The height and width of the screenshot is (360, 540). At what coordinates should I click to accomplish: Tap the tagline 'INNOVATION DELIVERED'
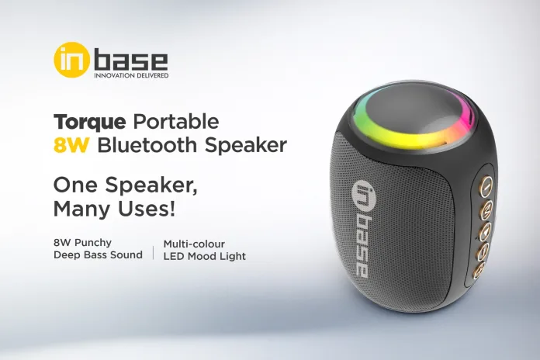pyautogui.click(x=131, y=76)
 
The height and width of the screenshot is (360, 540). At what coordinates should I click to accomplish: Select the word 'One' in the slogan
pyautogui.click(x=72, y=185)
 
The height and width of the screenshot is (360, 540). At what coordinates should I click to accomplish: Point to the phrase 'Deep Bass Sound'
pyautogui.click(x=98, y=255)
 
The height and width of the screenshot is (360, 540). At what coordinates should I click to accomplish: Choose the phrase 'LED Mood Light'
pyautogui.click(x=204, y=255)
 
